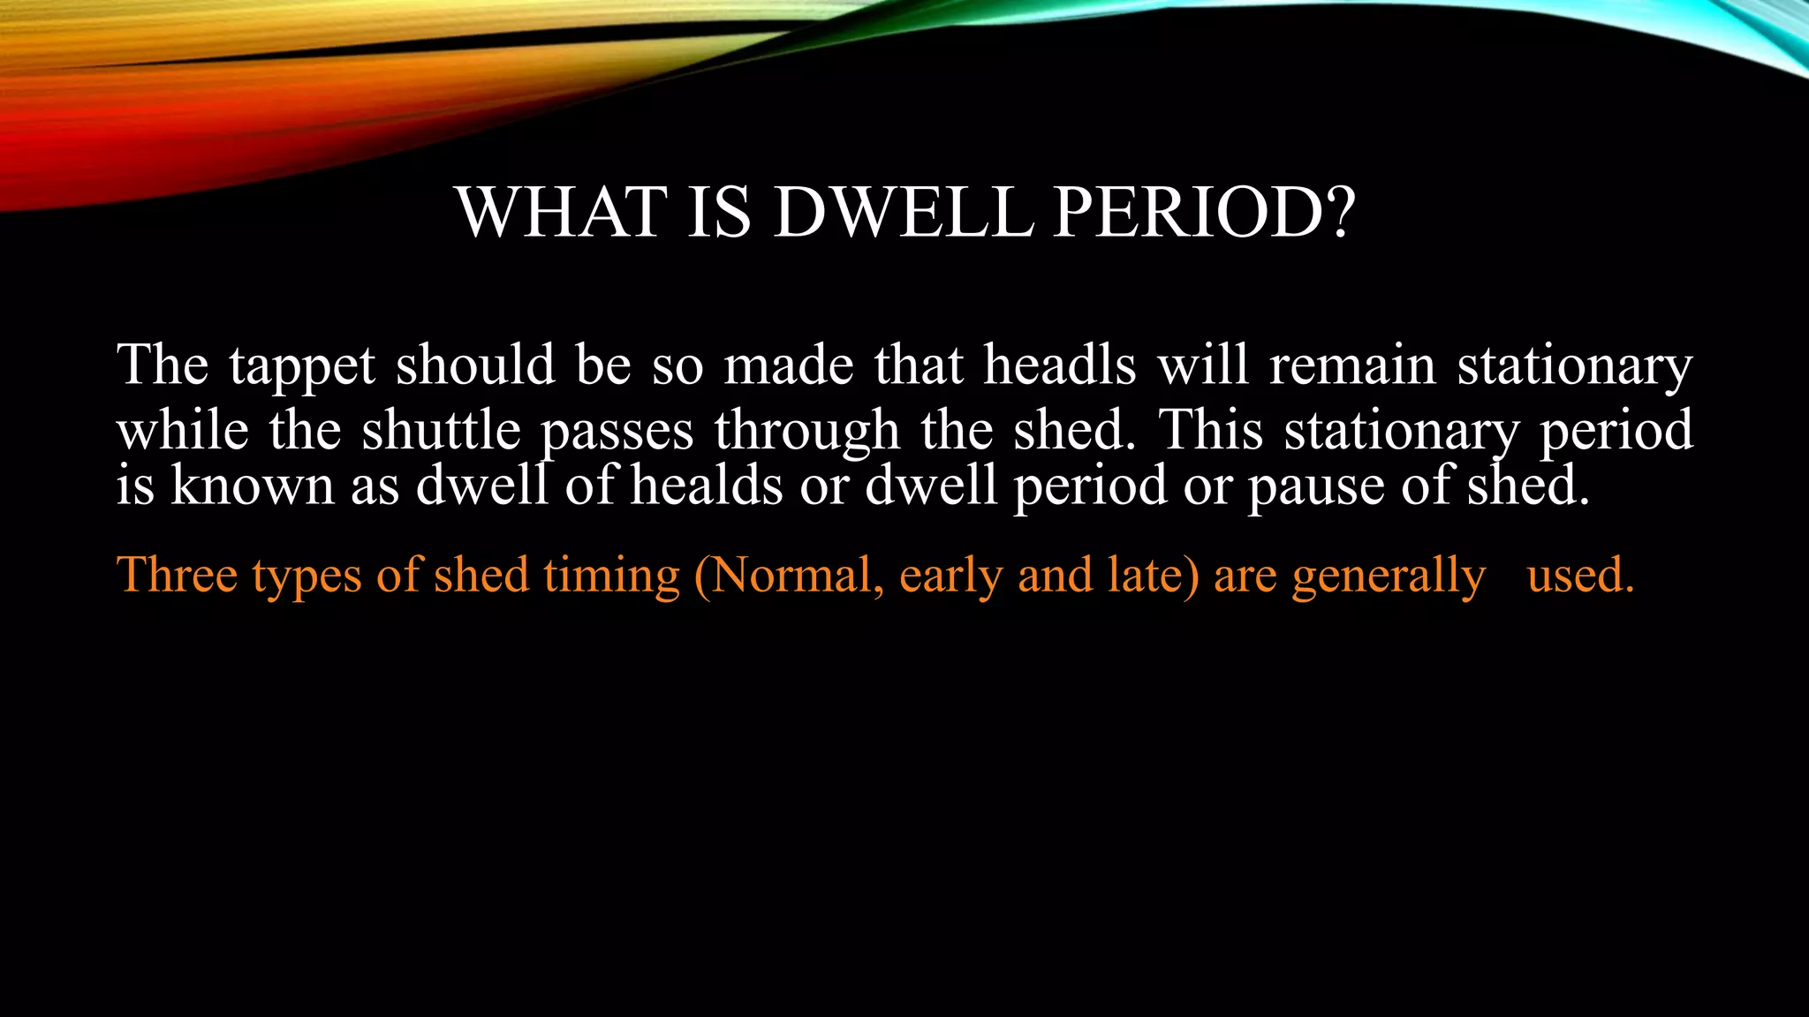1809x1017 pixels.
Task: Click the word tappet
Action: pos(302,366)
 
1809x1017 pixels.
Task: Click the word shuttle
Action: pos(441,431)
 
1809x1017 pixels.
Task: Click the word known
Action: pos(252,486)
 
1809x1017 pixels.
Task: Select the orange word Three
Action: pos(177,575)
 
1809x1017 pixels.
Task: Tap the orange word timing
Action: pos(611,576)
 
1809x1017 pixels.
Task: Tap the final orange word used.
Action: pos(1580,575)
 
